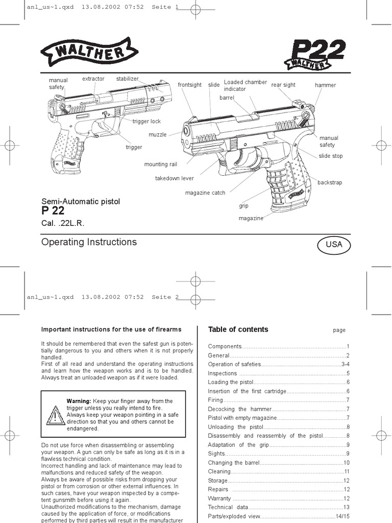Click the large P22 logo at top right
click(315, 54)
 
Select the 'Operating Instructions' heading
click(89, 242)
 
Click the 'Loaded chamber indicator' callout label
click(245, 85)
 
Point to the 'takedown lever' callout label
click(175, 178)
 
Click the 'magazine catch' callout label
click(205, 193)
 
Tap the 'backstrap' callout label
click(330, 182)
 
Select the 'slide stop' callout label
click(331, 156)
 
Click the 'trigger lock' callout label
click(146, 122)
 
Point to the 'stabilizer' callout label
click(128, 79)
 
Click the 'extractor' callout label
click(93, 79)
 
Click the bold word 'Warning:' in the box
click(79, 401)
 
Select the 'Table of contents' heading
click(238, 329)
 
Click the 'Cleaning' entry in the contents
click(219, 471)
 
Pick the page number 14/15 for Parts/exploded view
click(342, 516)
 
